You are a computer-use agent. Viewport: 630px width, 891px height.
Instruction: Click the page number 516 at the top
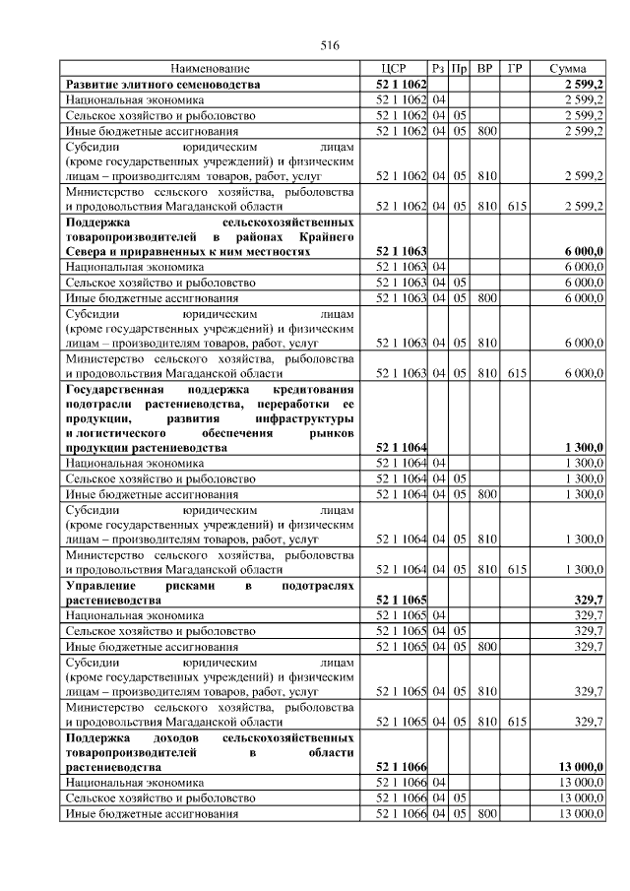330,46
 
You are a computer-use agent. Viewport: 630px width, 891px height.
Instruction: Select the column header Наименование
211,69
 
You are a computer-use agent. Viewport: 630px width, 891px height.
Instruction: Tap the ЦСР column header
401,69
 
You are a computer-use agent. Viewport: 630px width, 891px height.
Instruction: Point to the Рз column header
439,69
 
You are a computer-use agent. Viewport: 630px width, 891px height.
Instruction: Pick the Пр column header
459,69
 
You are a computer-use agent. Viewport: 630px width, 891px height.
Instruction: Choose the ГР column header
515,69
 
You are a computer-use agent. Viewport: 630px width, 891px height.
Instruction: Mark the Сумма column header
569,69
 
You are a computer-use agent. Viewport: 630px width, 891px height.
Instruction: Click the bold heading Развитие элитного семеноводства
162,85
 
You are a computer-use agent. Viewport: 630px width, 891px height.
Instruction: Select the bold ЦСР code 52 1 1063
401,252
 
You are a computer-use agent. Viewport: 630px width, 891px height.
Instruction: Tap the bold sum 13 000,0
580,767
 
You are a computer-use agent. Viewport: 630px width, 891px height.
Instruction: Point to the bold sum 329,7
588,599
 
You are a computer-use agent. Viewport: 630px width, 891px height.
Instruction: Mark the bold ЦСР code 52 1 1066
401,767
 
